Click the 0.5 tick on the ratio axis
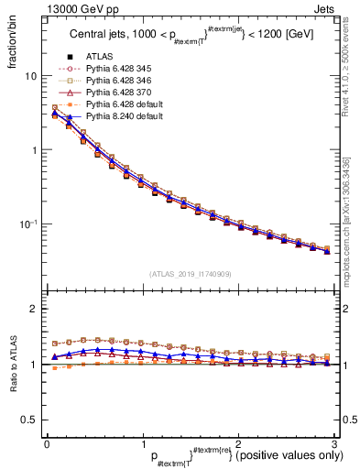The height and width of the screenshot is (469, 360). pos(28,420)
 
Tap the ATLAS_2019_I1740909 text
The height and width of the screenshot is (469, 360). pos(190,273)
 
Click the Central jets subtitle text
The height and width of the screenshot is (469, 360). pos(191,36)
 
